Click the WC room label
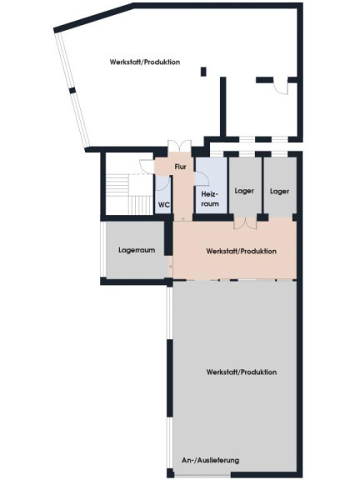164,205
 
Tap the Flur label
180,167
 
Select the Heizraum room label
210,198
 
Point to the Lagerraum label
137,250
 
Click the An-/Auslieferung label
210,460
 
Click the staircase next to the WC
129,194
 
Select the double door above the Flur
179,146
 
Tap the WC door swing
162,183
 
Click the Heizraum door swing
202,179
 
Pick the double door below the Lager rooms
246,222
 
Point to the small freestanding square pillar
203,72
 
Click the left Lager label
244,191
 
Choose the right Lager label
279,192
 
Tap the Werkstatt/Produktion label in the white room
145,62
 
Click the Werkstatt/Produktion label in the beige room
241,251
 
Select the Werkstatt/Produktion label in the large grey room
242,372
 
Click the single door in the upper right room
281,88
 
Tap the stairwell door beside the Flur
147,167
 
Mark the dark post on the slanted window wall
72,90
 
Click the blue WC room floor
163,195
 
